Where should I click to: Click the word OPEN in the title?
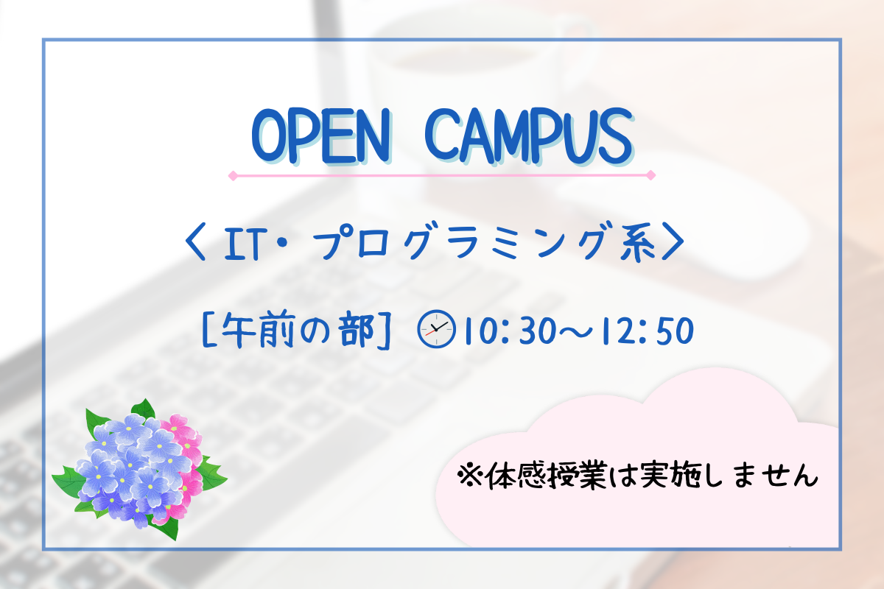click(321, 135)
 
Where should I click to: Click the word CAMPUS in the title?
click(529, 135)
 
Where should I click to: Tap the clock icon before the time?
click(436, 329)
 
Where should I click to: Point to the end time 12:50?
click(648, 331)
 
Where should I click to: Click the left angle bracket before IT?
click(195, 241)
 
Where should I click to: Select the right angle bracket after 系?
click(673, 241)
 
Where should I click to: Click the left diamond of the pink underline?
click(234, 175)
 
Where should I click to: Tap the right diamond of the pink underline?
click(650, 175)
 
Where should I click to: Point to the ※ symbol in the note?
click(470, 476)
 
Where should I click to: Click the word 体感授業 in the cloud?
click(546, 476)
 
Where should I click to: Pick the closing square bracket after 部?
click(385, 331)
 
